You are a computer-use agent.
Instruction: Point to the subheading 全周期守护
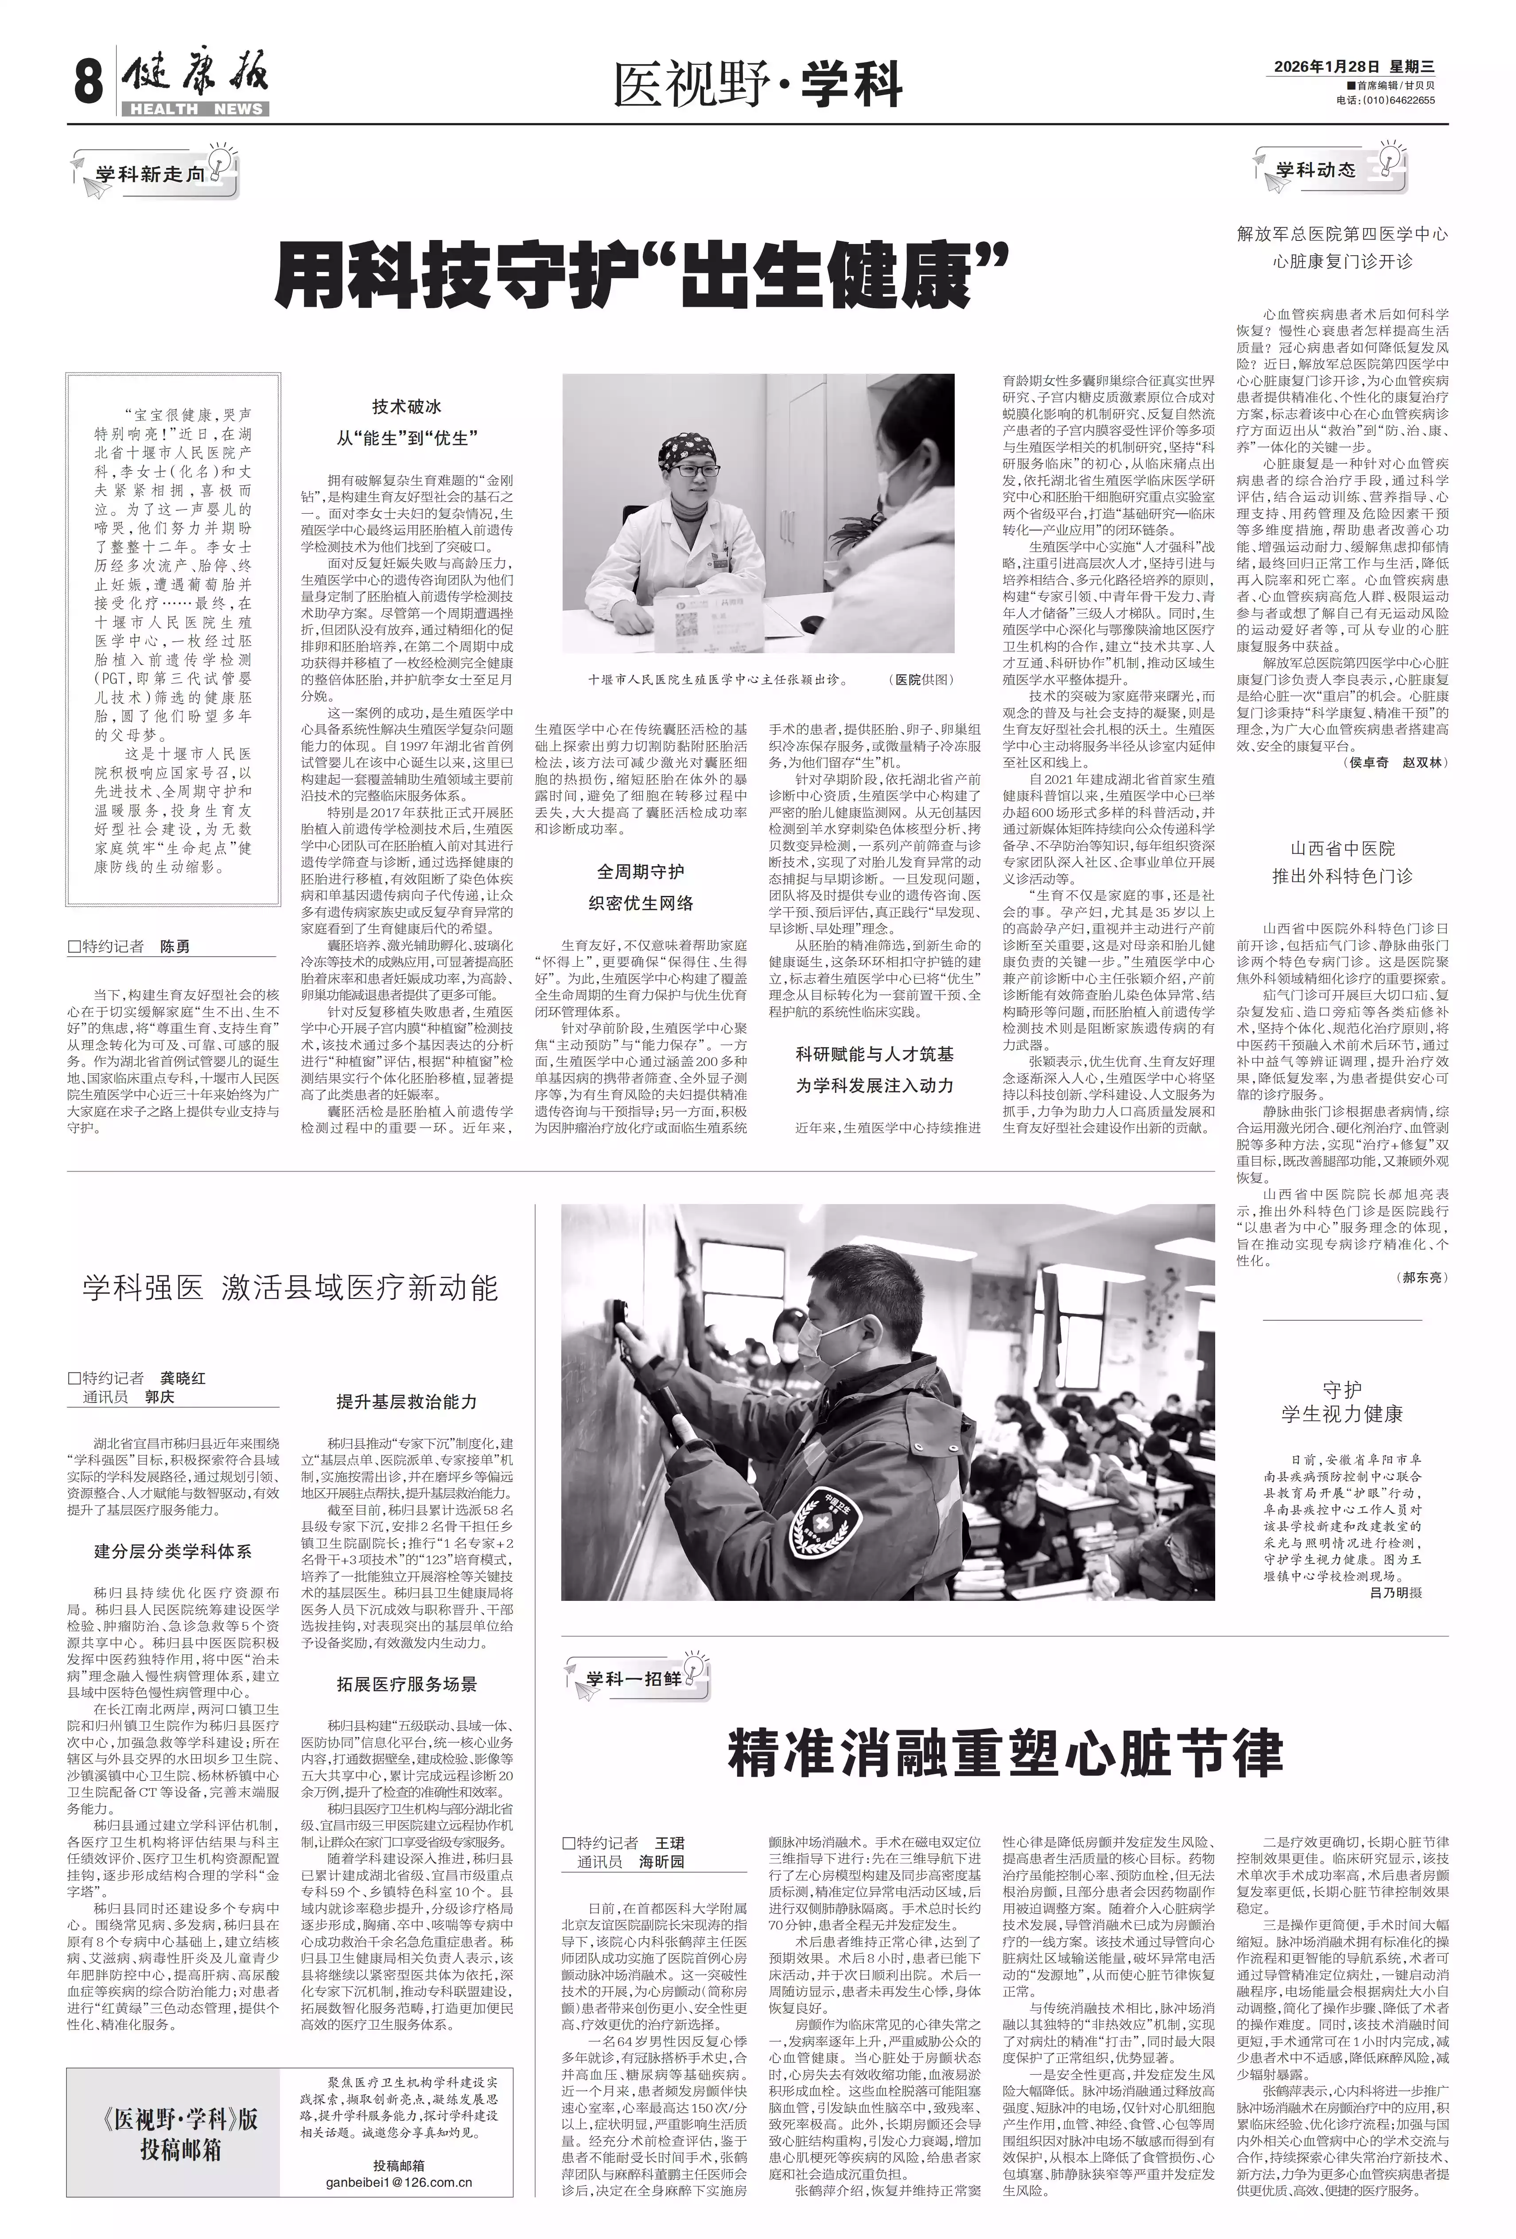pyautogui.click(x=640, y=872)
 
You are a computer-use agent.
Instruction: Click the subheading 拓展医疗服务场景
pyautogui.click(x=407, y=1683)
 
